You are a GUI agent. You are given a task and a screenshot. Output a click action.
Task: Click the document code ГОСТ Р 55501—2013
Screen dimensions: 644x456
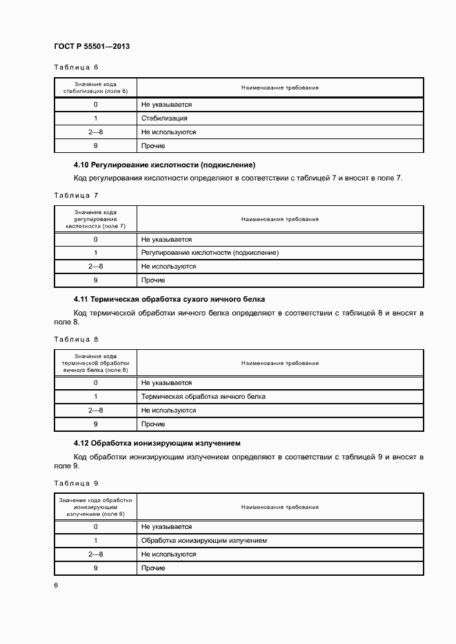pyautogui.click(x=92, y=46)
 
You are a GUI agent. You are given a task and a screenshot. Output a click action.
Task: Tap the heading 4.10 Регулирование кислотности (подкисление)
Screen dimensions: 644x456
pyautogui.click(x=164, y=165)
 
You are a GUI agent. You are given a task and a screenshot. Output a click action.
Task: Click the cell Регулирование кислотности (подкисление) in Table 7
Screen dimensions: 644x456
pyautogui.click(x=210, y=253)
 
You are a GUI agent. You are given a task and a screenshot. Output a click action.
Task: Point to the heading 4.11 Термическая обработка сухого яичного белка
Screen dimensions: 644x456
pyautogui.click(x=169, y=300)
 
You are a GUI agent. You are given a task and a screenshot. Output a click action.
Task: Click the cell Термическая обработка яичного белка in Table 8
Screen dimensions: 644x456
pyautogui.click(x=203, y=397)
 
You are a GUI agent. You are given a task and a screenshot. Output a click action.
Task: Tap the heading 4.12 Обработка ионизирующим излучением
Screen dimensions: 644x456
pyautogui.click(x=157, y=443)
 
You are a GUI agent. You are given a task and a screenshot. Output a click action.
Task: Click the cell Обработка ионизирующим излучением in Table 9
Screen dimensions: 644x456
pyautogui.click(x=204, y=541)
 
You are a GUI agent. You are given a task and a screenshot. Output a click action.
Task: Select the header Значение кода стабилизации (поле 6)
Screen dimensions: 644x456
pyautogui.click(x=95, y=87)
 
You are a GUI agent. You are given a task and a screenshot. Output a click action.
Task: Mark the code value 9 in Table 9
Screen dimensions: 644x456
pyautogui.click(x=95, y=568)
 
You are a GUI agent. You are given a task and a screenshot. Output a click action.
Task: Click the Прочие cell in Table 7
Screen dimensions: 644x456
pyautogui.click(x=152, y=280)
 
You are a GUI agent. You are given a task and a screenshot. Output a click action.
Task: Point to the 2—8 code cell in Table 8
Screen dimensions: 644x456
pyautogui.click(x=95, y=411)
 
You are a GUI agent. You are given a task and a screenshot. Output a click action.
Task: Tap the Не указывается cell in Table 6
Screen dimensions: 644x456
pyautogui.click(x=166, y=105)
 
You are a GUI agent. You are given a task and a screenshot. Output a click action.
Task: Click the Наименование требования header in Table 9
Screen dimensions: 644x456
pyautogui.click(x=279, y=507)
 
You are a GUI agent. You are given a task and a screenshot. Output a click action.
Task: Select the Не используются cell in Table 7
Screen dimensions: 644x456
pyautogui.click(x=168, y=267)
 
